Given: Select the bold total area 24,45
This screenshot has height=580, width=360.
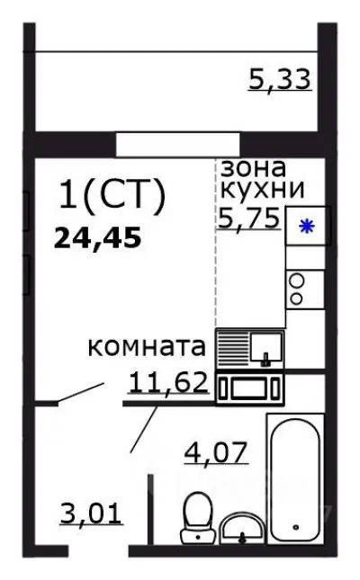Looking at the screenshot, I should tap(98, 238).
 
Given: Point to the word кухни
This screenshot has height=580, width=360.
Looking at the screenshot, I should tap(262, 189).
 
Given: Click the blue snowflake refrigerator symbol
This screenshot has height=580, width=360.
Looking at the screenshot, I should tap(307, 227).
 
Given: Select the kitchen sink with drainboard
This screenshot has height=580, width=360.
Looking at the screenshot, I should tap(252, 347).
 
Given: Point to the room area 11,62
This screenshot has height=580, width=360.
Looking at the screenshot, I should tap(169, 384).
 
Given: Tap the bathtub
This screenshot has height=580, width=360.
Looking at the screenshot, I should tap(294, 477).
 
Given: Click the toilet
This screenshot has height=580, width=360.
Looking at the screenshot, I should tap(194, 519).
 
